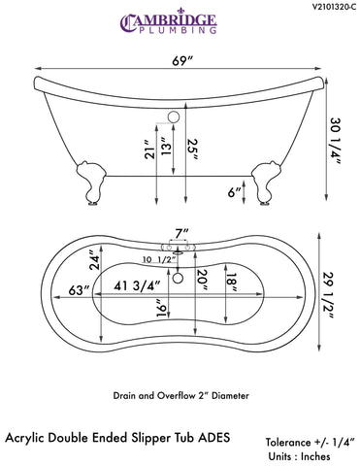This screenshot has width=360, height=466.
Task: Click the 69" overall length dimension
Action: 181,64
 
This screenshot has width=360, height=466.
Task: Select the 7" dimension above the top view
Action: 180,233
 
